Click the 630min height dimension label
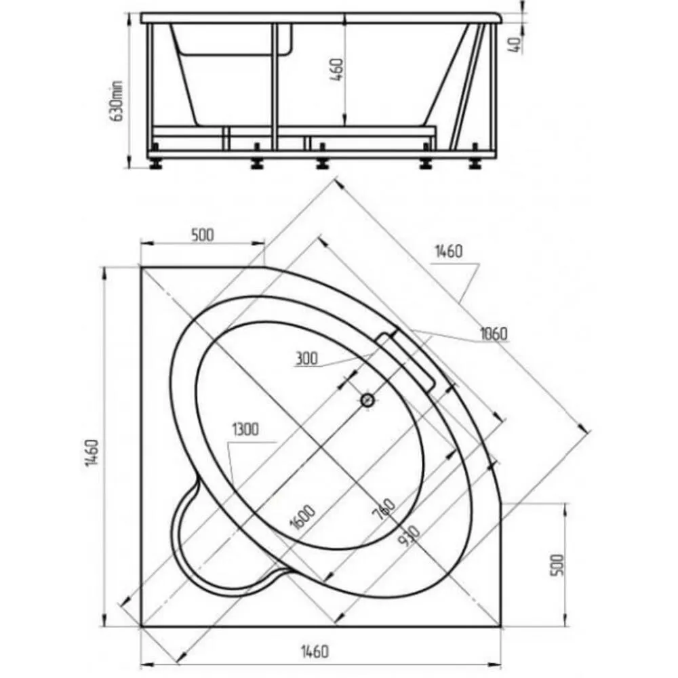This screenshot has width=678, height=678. click(117, 101)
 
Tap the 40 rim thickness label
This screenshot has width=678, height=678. click(515, 45)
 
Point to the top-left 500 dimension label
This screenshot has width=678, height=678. click(202, 235)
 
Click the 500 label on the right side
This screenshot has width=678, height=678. click(557, 564)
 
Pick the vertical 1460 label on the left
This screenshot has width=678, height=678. click(92, 453)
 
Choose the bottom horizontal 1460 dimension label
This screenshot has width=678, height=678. click(315, 651)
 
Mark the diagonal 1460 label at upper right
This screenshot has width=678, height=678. click(448, 251)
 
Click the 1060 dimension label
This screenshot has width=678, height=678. click(494, 334)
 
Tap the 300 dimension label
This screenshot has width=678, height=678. click(306, 358)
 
